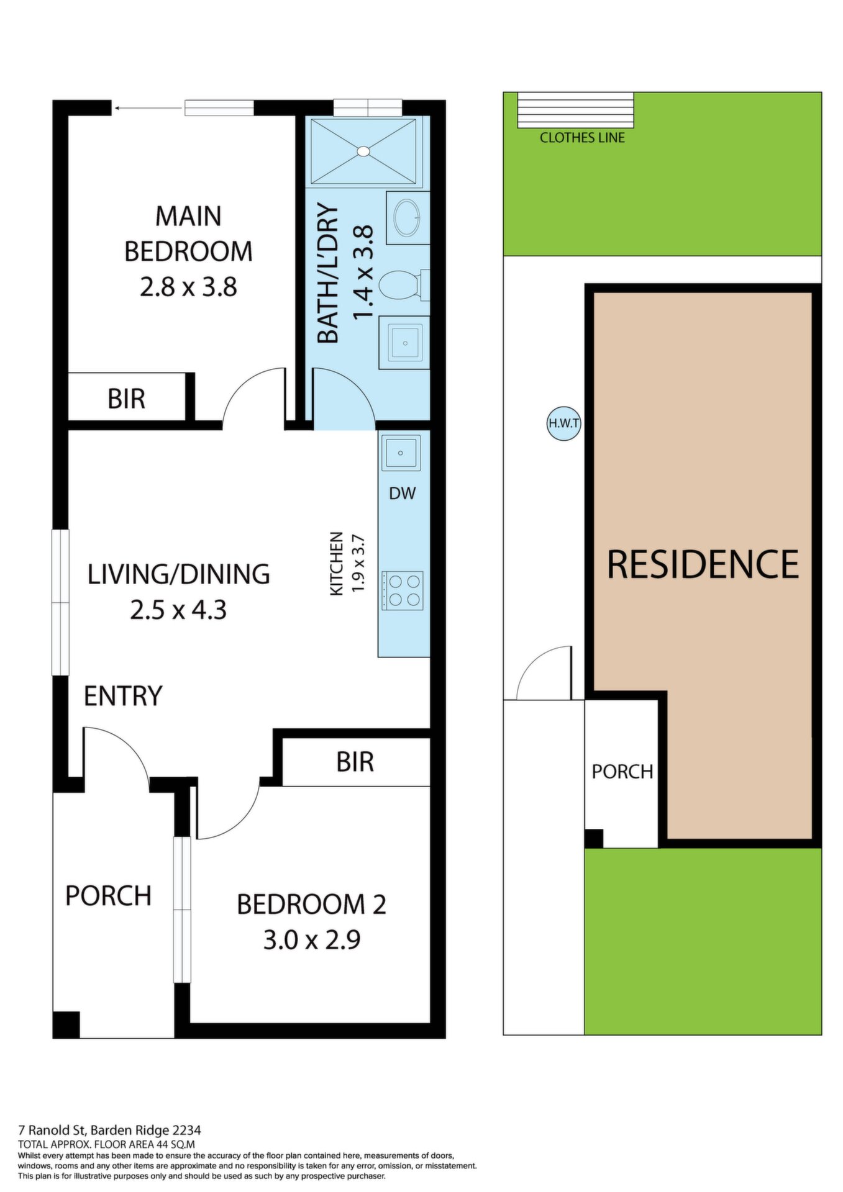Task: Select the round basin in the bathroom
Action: [407, 217]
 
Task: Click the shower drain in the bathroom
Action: [363, 150]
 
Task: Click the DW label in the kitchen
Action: [402, 494]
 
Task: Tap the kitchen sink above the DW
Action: [401, 453]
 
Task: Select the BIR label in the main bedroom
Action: [126, 399]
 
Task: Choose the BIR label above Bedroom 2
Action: [355, 762]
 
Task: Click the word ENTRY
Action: [123, 696]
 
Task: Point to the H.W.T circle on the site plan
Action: [563, 424]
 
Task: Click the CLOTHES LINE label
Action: [582, 138]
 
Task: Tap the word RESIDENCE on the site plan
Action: [703, 564]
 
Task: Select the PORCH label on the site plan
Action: [622, 772]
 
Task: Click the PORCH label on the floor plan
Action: [108, 896]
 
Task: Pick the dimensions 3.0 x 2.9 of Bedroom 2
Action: [312, 940]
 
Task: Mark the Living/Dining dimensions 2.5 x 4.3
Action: [178, 610]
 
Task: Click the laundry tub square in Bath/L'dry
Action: [404, 343]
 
